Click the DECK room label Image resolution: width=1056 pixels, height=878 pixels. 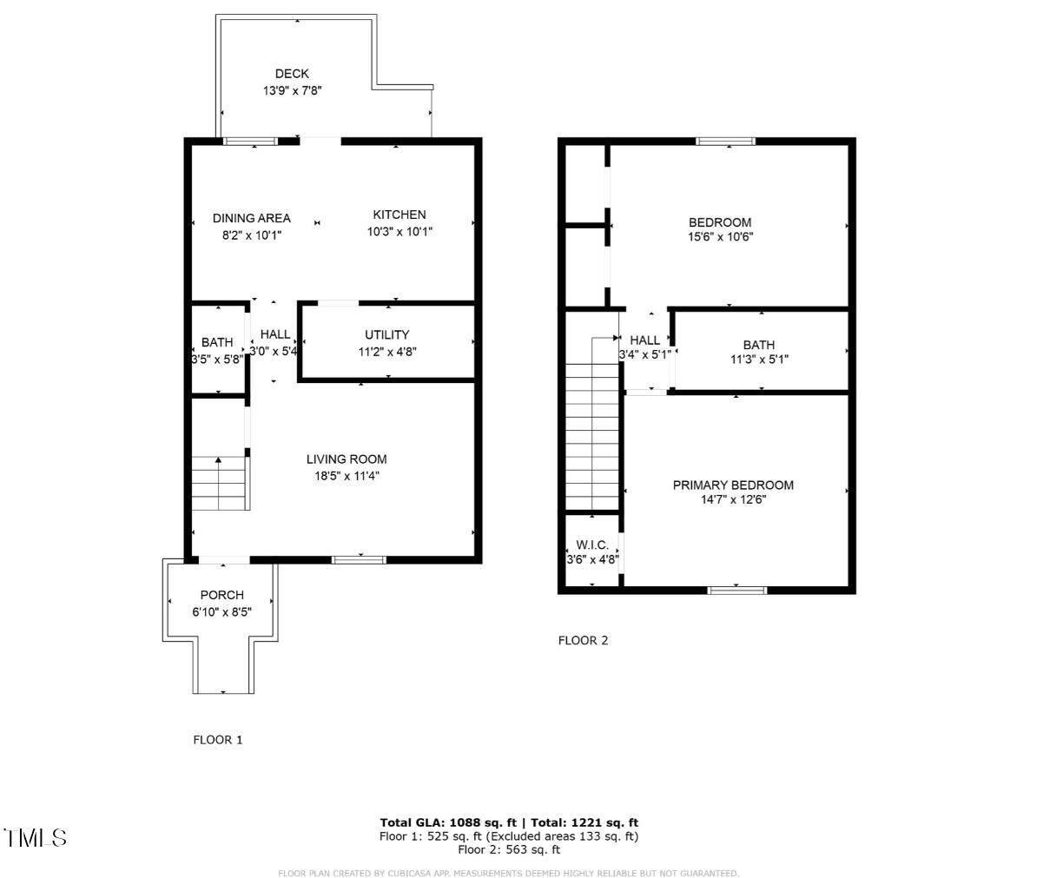pos(292,74)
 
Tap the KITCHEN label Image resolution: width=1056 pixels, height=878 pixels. pos(399,215)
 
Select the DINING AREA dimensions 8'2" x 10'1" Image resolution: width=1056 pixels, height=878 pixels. pos(252,234)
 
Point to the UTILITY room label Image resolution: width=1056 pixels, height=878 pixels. pos(386,334)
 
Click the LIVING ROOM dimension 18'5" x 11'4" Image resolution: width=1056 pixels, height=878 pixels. pos(346,476)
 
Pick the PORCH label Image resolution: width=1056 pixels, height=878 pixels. pos(222,595)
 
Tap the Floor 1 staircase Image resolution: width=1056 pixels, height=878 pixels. pos(220,485)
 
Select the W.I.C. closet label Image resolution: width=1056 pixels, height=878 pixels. pos(592,545)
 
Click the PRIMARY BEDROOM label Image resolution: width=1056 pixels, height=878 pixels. pos(733,485)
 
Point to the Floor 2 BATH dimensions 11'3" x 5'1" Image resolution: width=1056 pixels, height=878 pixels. pos(759,359)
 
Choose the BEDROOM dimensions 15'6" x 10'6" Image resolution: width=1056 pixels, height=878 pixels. pos(720,236)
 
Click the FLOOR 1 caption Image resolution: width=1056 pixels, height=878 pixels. pos(218,740)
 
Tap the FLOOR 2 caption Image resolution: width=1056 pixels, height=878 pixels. pos(583,641)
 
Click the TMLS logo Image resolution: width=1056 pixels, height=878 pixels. pos(36,838)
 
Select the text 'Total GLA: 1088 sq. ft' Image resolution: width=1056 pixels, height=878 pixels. pos(448,822)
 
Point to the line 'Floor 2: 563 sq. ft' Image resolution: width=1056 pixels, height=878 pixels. pos(509,850)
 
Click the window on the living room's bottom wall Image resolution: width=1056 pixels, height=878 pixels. pos(360,559)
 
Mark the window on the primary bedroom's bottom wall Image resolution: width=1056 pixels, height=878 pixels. pos(737,591)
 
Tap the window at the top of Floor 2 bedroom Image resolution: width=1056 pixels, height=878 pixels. pos(726,141)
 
